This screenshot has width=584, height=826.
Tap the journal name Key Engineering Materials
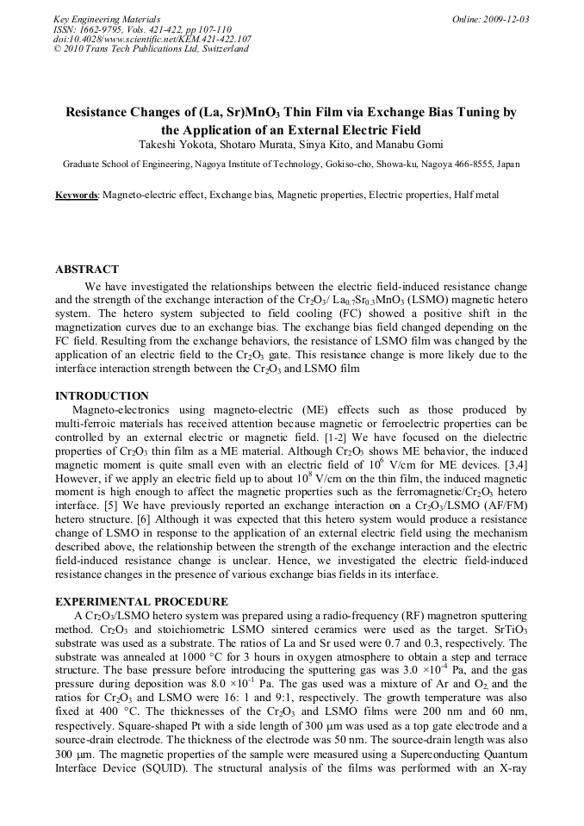coord(106,19)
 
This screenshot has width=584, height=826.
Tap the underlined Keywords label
coord(77,196)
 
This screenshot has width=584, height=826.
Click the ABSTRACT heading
coord(87,270)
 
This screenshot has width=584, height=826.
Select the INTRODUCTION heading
coord(103,395)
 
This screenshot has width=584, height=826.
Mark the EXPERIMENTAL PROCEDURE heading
coord(141,601)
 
